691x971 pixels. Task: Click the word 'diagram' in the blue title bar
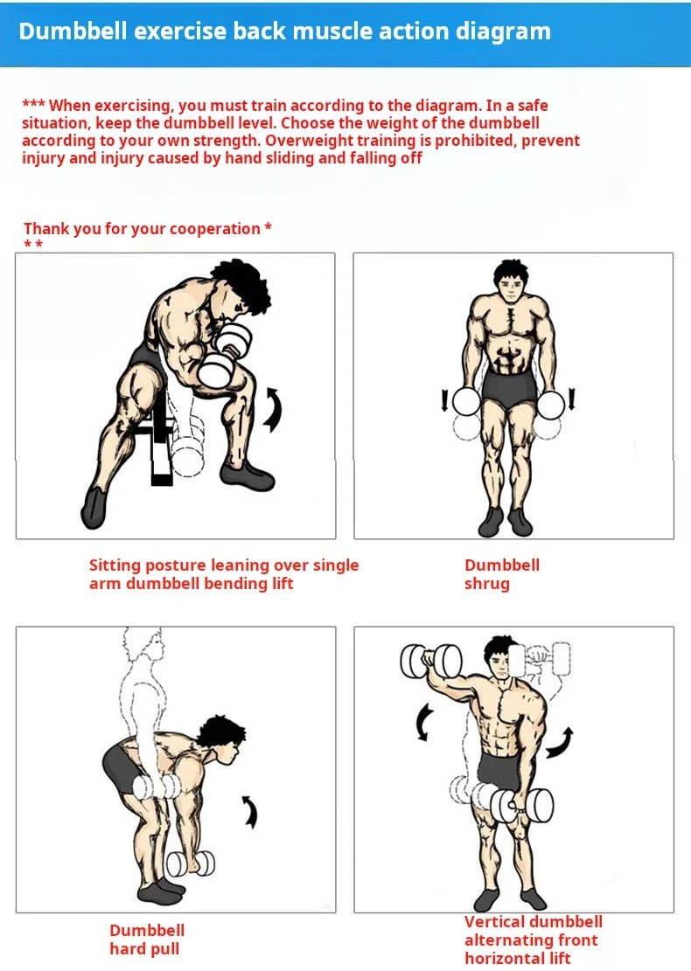pos(503,31)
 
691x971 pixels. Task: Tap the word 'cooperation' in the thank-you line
pos(214,229)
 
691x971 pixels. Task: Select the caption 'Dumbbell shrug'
pos(502,574)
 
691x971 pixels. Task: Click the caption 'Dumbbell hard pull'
pos(147,940)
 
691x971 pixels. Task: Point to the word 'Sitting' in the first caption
pos(113,565)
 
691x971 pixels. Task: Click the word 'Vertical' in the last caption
pos(494,921)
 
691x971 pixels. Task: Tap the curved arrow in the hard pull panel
pos(251,811)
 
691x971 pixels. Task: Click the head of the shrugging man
pos(511,282)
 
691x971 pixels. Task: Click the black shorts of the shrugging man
pos(509,389)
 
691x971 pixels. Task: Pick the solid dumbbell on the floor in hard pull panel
pos(191,863)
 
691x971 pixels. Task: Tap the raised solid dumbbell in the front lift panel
pos(431,661)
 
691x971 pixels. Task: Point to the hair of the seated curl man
pos(241,284)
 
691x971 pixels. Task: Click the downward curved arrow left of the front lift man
pos(424,722)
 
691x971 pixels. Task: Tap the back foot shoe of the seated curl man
pos(94,508)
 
